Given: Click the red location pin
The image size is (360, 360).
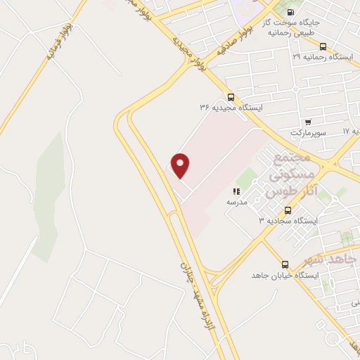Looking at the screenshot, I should (181, 165).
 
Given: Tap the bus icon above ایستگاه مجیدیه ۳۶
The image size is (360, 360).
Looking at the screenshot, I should (231, 97).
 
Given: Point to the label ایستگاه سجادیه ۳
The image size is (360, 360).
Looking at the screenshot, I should (289, 220).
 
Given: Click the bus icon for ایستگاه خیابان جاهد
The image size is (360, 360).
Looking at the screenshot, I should (285, 264).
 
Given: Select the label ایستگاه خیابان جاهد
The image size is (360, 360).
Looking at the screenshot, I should (286, 275).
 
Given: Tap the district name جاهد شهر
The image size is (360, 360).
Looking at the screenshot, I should (337, 259).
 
